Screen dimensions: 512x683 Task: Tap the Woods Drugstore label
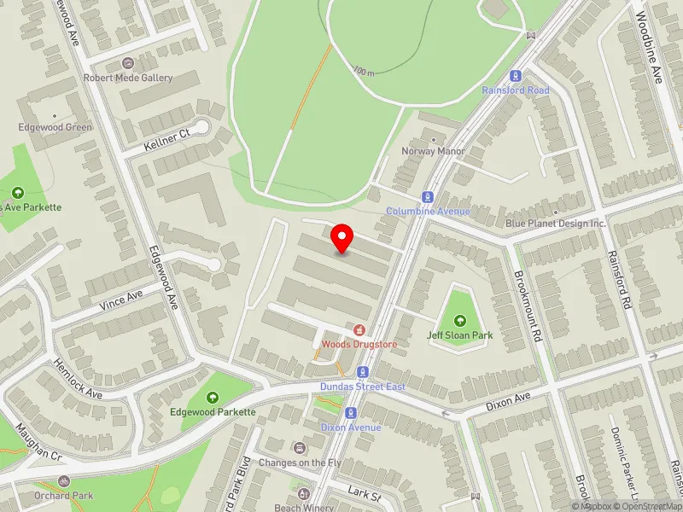(x=359, y=344)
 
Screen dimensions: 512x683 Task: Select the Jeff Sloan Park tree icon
(x=461, y=321)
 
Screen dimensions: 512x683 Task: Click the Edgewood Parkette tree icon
(x=213, y=397)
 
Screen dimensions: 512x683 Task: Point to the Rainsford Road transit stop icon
(x=515, y=76)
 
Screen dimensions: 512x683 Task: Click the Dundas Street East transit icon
(x=363, y=372)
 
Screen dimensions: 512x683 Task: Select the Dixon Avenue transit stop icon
(x=351, y=413)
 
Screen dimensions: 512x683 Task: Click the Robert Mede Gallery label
(x=128, y=78)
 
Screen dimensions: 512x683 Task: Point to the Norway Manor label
(x=433, y=151)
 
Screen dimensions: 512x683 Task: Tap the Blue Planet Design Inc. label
(x=555, y=224)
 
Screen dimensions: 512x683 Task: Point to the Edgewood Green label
(x=55, y=127)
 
